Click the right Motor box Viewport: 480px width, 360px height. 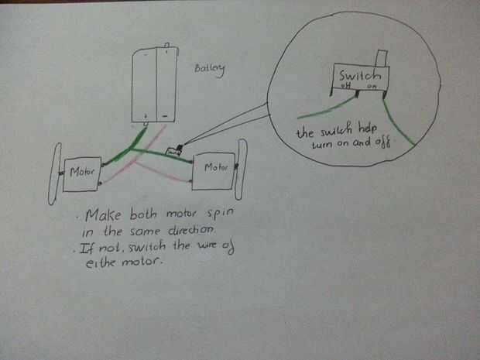point(214,168)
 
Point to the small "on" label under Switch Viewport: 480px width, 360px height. point(372,88)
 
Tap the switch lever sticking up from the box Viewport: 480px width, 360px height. point(380,59)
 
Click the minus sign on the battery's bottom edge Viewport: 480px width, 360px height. point(165,117)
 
